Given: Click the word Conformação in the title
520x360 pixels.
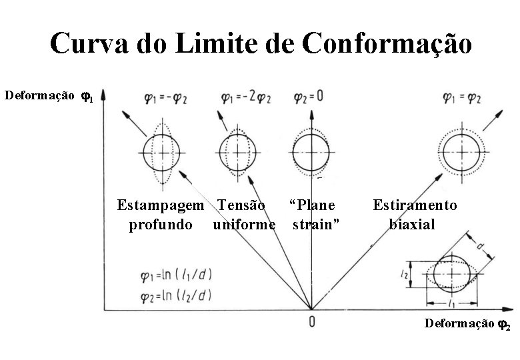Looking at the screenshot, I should point(387,44).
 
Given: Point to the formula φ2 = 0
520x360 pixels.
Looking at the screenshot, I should point(309,96).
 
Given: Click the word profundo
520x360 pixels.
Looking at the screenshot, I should point(161,224).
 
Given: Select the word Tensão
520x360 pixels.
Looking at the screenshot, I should point(241,205).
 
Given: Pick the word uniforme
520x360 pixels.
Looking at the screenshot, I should point(244,224).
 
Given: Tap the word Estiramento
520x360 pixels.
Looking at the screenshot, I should point(415,205).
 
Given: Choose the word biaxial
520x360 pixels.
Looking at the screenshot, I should point(412,224).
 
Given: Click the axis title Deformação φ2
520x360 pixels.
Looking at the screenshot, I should point(467,325).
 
